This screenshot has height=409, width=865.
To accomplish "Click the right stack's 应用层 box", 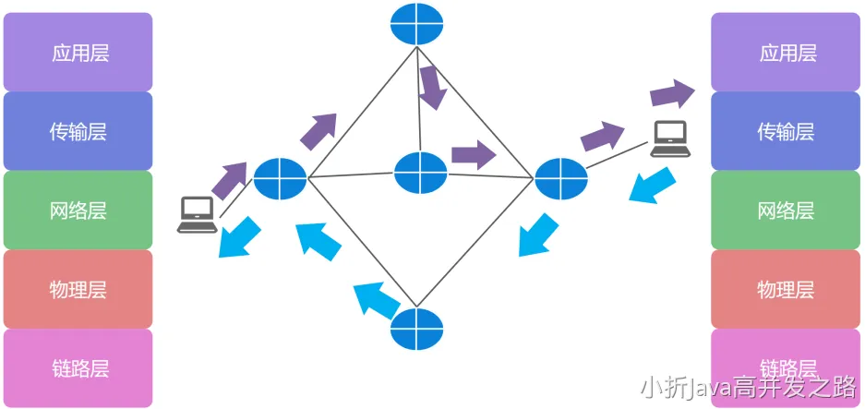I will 787,53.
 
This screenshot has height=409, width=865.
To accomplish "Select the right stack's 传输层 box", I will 787,131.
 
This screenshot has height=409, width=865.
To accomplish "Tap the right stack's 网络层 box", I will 787,210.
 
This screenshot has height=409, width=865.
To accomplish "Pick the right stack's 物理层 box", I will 787,289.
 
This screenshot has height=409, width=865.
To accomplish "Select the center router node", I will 420,173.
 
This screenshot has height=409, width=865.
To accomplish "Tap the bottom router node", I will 416,329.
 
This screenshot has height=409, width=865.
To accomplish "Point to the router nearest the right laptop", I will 560,177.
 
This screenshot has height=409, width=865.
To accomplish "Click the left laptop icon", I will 198,214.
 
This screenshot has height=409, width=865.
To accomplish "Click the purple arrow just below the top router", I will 431,87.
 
